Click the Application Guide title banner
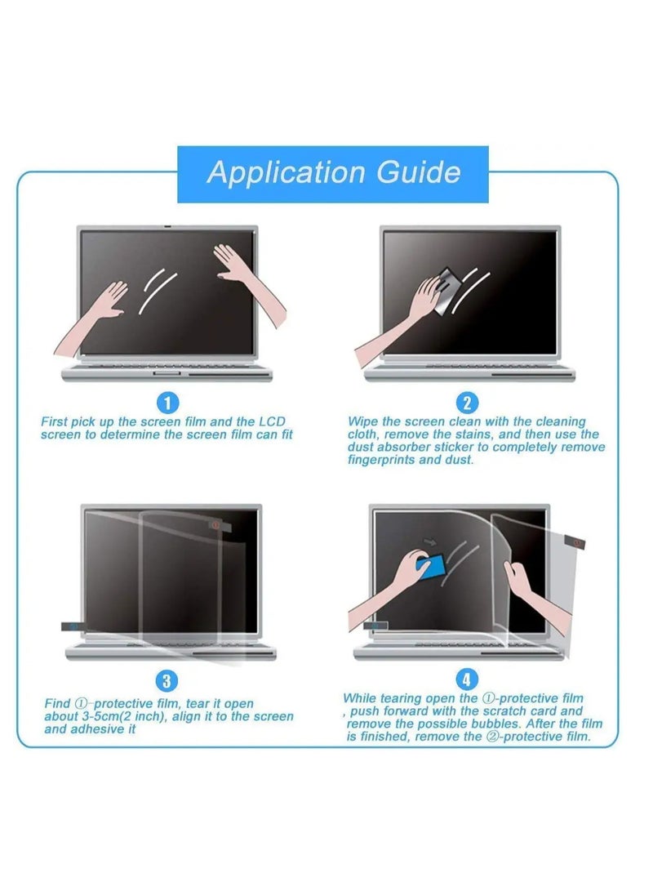coord(333,173)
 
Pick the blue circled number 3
coord(167,680)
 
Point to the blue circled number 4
coord(467,679)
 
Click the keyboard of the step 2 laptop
coord(469,367)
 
